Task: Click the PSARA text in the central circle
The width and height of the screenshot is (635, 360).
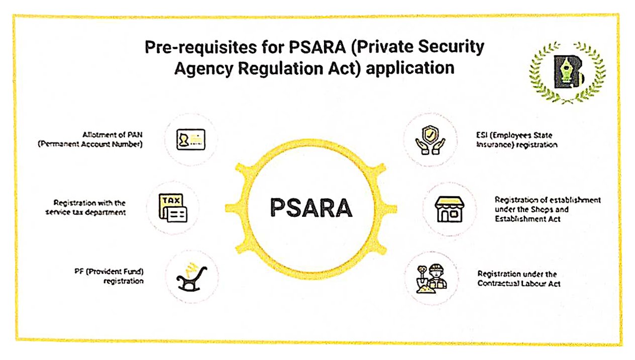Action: coord(311,208)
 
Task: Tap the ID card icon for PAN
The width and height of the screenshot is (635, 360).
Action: coord(190,139)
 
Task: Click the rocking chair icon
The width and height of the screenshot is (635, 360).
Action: coord(192,277)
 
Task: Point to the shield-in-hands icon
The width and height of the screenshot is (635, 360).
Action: coord(430,139)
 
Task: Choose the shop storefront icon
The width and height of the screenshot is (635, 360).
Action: coord(449,208)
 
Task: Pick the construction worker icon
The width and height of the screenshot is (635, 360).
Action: coord(431,278)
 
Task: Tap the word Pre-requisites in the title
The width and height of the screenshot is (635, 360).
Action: coord(190,48)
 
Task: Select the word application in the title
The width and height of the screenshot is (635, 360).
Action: coord(410,68)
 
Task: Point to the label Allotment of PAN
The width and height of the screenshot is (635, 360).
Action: coord(113,139)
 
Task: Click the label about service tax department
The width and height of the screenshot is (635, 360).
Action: coord(89,207)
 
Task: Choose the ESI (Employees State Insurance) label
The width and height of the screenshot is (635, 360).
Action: coord(516,140)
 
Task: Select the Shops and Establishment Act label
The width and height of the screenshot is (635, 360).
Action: coord(547,209)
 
